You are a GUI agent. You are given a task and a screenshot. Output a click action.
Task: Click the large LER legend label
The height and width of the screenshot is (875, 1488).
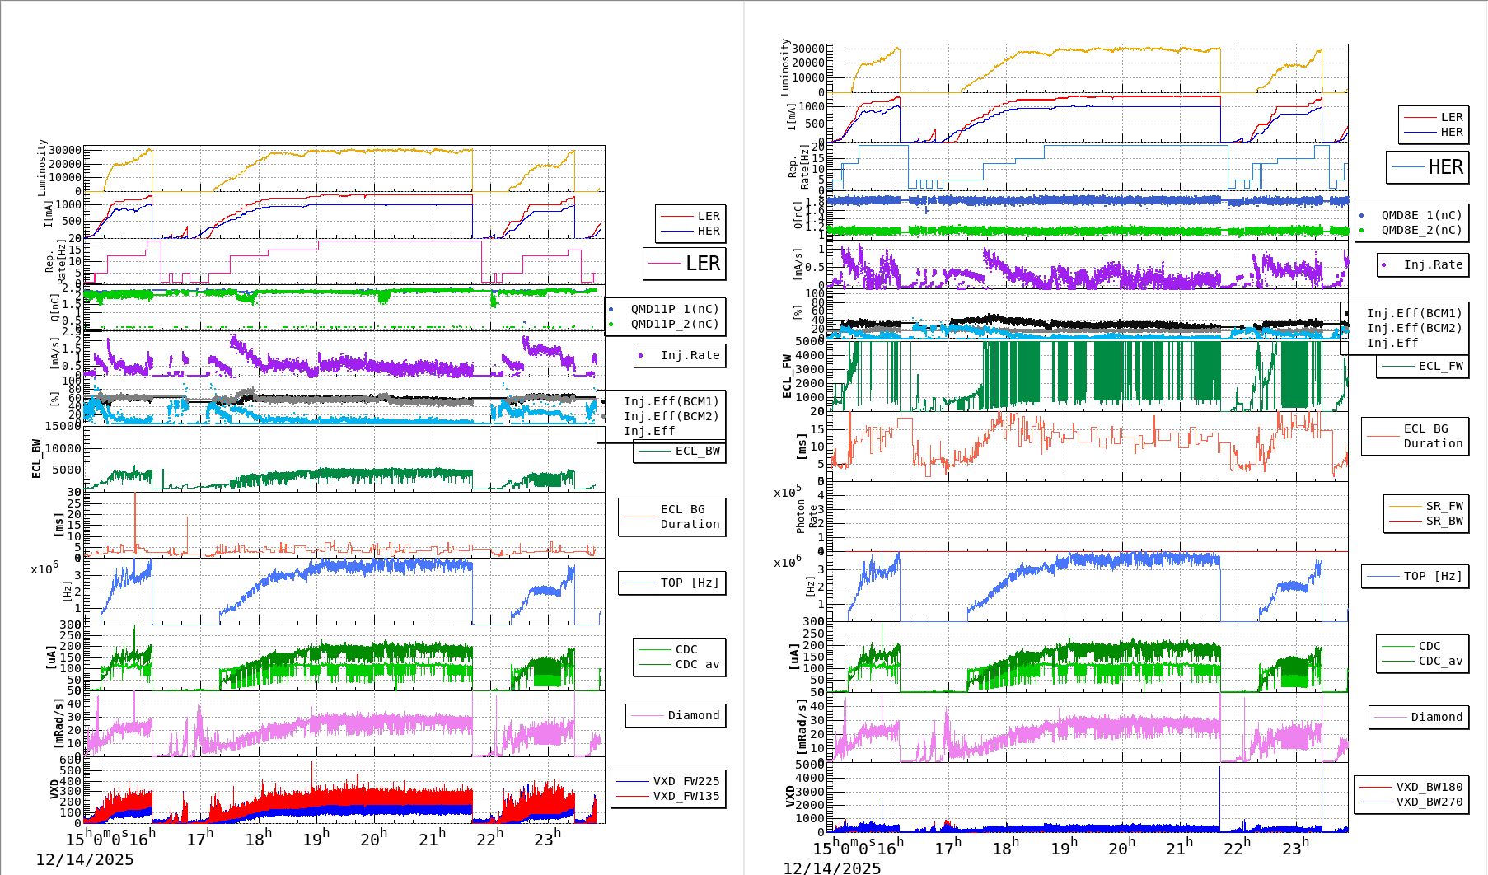tap(702, 264)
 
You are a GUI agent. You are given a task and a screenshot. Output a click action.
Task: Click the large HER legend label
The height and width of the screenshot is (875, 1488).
tap(1445, 167)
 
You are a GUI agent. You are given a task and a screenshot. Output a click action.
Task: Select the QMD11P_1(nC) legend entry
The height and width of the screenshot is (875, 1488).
tap(675, 309)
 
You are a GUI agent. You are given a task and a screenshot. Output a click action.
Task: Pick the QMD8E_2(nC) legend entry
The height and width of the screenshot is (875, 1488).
tap(1421, 230)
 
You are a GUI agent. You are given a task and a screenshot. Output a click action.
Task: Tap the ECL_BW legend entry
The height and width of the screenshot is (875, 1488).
tap(697, 451)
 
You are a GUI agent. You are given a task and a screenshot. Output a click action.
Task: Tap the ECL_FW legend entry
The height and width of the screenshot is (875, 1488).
tap(1440, 366)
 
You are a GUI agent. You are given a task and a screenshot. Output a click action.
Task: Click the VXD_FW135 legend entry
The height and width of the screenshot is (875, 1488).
tap(686, 796)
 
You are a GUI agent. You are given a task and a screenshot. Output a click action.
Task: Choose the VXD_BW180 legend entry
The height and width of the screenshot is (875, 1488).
tap(1429, 787)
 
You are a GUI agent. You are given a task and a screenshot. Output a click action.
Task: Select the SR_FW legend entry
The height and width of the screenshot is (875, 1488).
tap(1444, 506)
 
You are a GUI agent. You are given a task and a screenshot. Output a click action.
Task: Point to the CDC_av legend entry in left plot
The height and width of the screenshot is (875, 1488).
tap(697, 664)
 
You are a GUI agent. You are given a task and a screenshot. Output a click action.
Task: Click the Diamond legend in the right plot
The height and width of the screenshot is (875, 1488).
tap(1436, 717)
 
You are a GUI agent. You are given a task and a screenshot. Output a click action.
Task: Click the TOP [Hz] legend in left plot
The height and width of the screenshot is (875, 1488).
tap(689, 583)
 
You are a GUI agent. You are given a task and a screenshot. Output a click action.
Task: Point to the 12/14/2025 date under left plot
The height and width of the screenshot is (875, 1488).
tap(84, 860)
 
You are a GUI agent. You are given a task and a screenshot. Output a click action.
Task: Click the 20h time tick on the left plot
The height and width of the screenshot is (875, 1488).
tap(372, 840)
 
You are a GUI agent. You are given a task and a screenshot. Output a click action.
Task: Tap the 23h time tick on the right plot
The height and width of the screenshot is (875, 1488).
tap(1294, 848)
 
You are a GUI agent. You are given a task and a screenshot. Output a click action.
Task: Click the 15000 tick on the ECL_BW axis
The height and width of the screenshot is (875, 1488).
tap(63, 426)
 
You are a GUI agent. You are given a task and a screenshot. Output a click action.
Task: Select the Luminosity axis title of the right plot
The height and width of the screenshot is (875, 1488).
tap(785, 66)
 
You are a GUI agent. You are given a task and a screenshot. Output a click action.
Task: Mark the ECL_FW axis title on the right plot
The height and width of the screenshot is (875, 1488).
tap(787, 377)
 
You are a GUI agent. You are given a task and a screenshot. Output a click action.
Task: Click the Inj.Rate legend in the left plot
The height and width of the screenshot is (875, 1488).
tap(690, 355)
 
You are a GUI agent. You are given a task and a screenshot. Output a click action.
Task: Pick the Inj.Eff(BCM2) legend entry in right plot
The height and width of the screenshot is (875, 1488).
tap(1414, 328)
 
